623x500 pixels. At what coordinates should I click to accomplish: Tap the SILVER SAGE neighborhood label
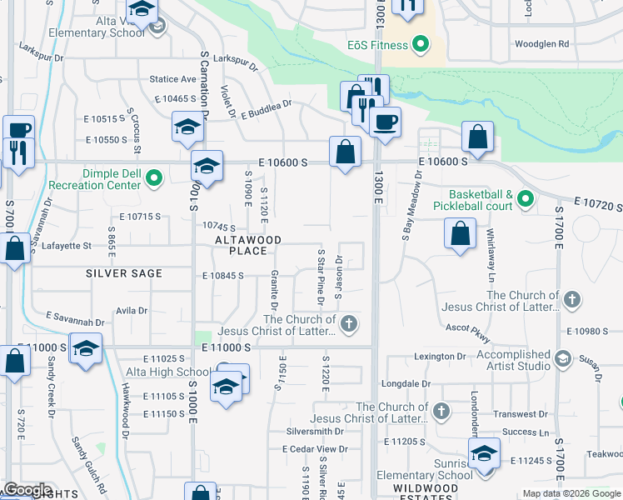pyautogui.click(x=122, y=273)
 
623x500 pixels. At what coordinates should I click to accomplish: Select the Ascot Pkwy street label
pyautogui.click(x=467, y=332)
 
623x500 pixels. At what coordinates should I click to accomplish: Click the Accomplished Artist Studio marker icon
pyautogui.click(x=562, y=358)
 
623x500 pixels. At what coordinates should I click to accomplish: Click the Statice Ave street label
pyautogui.click(x=172, y=79)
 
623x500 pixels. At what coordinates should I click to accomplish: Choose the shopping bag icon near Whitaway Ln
pyautogui.click(x=461, y=234)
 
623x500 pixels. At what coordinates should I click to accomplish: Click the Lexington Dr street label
pyautogui.click(x=438, y=357)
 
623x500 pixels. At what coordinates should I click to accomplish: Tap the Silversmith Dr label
pyautogui.click(x=315, y=431)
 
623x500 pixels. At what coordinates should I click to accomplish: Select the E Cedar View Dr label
pyautogui.click(x=315, y=449)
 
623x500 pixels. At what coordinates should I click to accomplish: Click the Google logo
pyautogui.click(x=27, y=490)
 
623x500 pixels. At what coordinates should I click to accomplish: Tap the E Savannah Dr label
pyautogui.click(x=75, y=320)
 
